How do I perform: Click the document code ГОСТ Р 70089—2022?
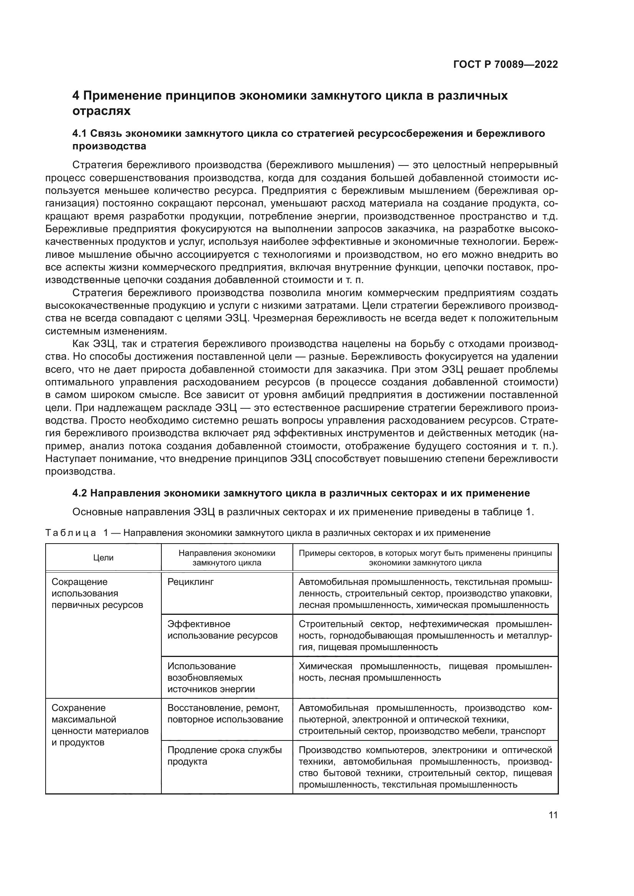click(x=506, y=64)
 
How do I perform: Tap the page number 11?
click(x=553, y=815)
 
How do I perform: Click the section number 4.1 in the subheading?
click(x=80, y=133)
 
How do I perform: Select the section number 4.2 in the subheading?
click(x=80, y=493)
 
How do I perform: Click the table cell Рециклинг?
click(x=191, y=582)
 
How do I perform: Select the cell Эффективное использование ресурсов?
click(x=222, y=630)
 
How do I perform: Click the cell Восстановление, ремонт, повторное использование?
click(x=225, y=714)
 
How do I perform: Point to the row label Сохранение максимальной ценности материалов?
click(x=100, y=725)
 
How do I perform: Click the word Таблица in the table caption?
click(x=71, y=533)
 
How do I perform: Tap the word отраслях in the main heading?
click(x=102, y=111)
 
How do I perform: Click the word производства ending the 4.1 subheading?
click(x=109, y=146)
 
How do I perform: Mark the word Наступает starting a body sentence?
click(x=69, y=459)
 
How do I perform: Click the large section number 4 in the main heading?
click(x=76, y=96)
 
